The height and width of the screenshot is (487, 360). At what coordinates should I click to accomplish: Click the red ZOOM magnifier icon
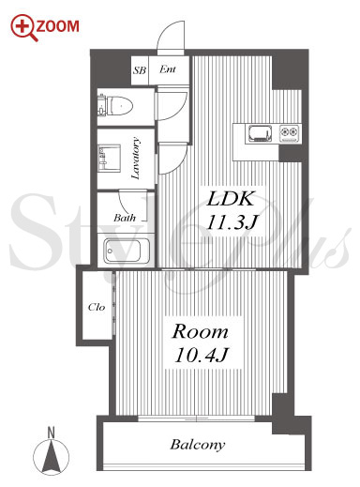click(x=23, y=28)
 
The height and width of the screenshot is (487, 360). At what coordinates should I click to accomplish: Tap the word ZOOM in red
click(x=58, y=26)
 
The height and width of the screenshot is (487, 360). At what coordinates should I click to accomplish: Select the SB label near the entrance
click(x=140, y=70)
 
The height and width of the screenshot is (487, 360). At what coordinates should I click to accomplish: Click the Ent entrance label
click(x=168, y=69)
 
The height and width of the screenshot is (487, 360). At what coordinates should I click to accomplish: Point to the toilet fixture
click(x=115, y=105)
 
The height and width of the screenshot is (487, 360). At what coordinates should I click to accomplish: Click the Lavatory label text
click(x=136, y=158)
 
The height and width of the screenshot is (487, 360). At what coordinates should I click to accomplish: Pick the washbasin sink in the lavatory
click(x=110, y=158)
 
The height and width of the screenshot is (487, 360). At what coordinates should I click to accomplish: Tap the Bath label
click(x=125, y=218)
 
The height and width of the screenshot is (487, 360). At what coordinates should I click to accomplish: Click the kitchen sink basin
click(x=259, y=133)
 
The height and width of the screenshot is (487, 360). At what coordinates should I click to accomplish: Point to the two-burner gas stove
click(x=290, y=133)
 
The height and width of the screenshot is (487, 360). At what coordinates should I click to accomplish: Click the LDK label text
click(x=231, y=199)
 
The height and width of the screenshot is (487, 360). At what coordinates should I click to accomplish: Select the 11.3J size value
click(x=232, y=222)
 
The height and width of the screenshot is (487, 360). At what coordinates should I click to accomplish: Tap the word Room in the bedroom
click(x=201, y=331)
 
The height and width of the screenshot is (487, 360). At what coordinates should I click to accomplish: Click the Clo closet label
click(x=97, y=307)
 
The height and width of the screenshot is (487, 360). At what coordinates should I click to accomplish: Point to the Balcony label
click(x=198, y=445)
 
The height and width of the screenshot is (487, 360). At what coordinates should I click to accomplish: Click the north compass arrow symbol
click(x=51, y=454)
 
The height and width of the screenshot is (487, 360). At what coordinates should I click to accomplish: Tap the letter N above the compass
click(x=51, y=433)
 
